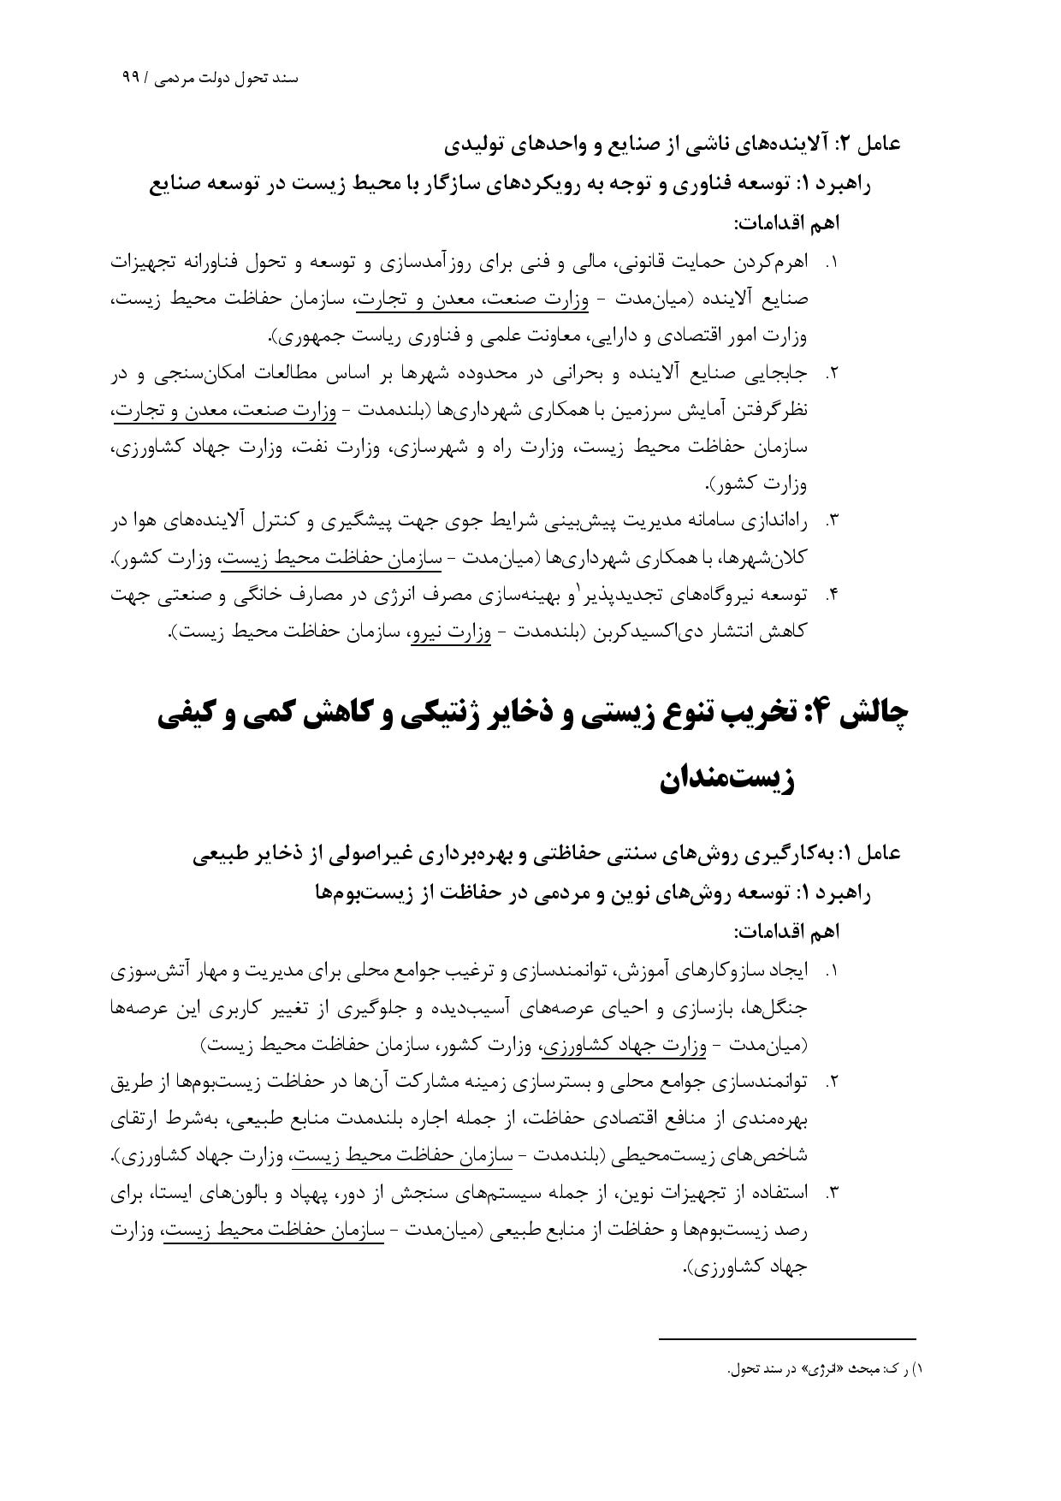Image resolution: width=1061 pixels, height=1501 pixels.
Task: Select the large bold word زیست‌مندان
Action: pos(727,780)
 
